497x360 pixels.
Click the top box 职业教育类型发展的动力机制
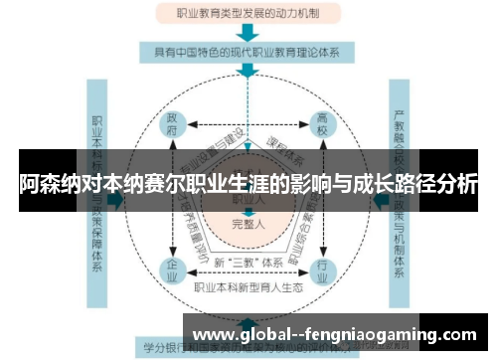[x=248, y=14]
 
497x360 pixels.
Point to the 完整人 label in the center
[x=248, y=225]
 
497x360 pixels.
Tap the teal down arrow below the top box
[x=248, y=32]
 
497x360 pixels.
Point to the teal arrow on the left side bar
[x=117, y=199]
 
